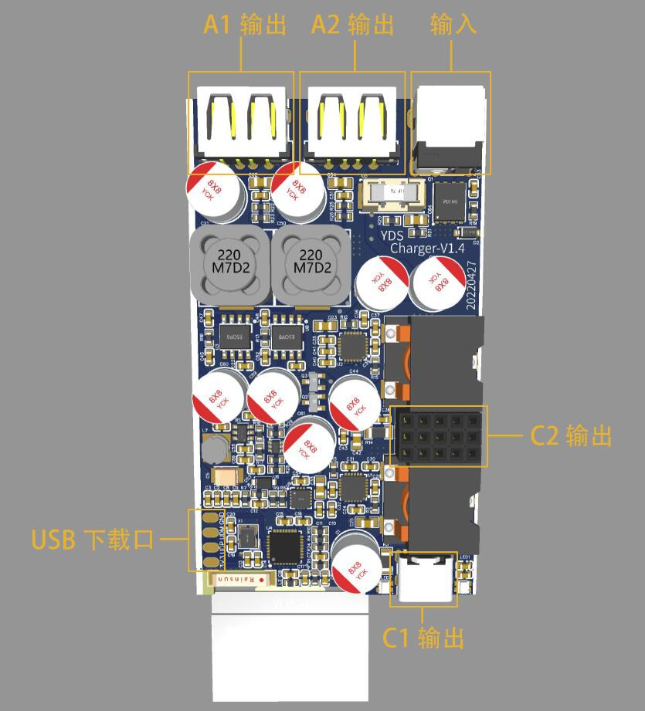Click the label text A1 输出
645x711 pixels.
244,25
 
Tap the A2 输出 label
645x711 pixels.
352,25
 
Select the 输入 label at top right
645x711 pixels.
453,25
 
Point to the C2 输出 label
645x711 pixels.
571,436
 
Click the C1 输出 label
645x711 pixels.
424,638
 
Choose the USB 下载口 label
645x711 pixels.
92,540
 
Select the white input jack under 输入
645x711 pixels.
450,124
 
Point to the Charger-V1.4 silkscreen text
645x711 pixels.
426,249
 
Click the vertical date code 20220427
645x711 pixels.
472,283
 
